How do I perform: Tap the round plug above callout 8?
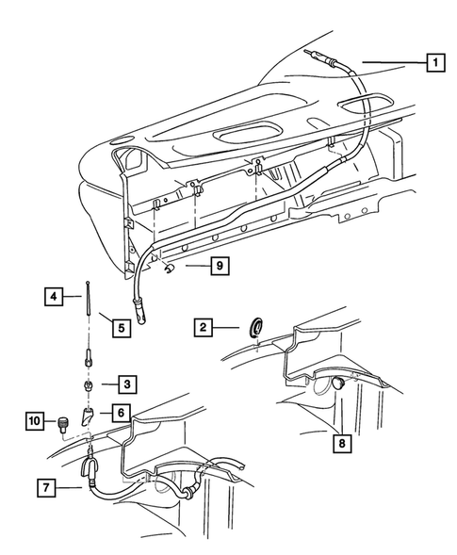click(x=337, y=384)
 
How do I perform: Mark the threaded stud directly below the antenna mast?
click(x=85, y=357)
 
